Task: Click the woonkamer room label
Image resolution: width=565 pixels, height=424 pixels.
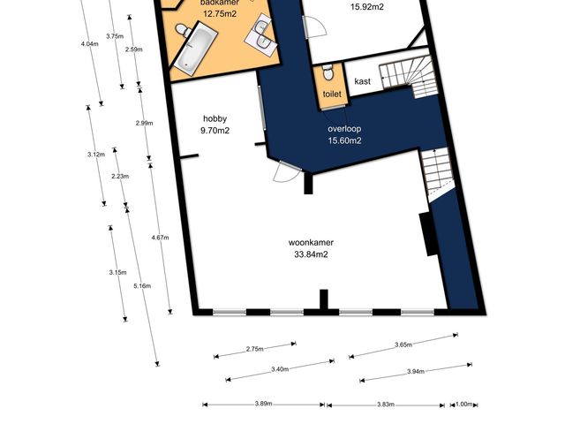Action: click(x=311, y=242)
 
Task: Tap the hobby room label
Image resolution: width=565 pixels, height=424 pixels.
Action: click(x=215, y=118)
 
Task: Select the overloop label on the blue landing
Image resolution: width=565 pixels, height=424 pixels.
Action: click(x=344, y=129)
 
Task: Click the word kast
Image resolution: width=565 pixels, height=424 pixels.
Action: click(x=362, y=81)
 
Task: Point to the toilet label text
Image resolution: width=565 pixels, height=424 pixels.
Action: click(x=332, y=95)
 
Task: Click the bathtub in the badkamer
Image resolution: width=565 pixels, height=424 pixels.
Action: click(x=196, y=49)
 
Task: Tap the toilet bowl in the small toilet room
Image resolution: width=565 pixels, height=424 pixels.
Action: click(x=328, y=72)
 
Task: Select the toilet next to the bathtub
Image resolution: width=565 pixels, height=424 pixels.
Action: click(x=184, y=30)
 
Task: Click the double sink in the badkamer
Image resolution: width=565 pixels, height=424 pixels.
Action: click(x=262, y=34)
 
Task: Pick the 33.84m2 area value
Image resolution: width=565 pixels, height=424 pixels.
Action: click(x=311, y=254)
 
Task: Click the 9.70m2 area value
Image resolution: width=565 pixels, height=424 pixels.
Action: click(x=215, y=131)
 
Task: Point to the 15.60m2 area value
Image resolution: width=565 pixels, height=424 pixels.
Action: click(x=344, y=140)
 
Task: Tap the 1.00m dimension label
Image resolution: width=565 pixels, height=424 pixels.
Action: click(x=463, y=405)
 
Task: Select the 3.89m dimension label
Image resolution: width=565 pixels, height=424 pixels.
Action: click(x=263, y=404)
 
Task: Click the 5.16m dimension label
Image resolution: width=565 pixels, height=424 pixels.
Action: click(x=142, y=286)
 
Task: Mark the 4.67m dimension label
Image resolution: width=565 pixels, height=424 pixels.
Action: click(x=160, y=238)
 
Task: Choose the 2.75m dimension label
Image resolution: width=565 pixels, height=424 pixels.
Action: click(x=255, y=349)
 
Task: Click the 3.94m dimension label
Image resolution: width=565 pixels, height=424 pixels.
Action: click(x=416, y=371)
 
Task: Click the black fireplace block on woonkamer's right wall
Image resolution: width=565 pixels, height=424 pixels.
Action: click(x=428, y=234)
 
